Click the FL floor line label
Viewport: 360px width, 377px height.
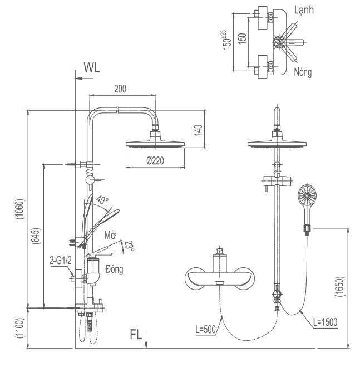136,335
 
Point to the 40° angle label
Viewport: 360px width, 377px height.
102,199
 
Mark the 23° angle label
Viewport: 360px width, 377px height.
129,246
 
